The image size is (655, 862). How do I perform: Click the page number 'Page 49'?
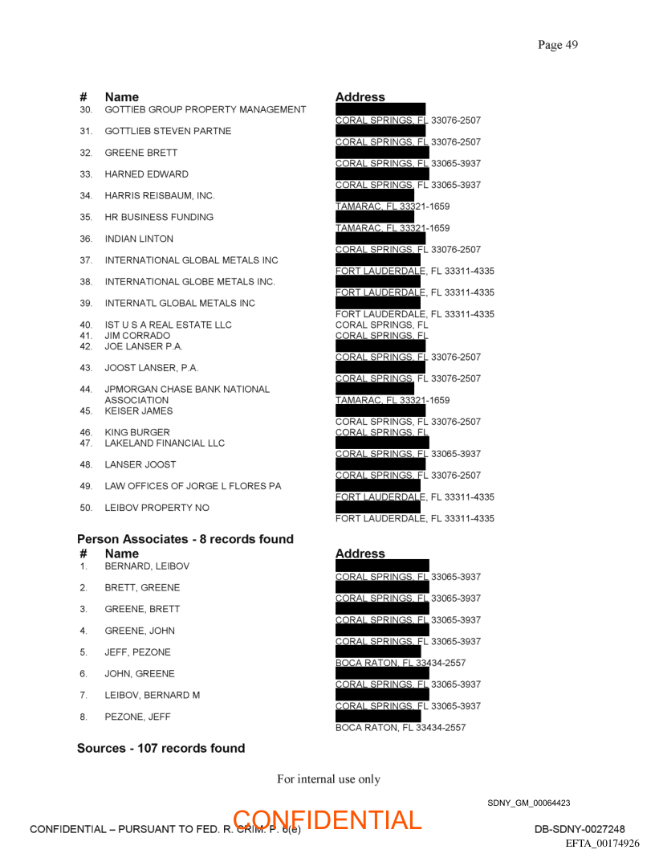(x=557, y=45)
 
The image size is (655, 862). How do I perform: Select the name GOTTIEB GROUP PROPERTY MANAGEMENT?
(x=205, y=109)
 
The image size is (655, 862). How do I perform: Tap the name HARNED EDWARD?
(x=146, y=174)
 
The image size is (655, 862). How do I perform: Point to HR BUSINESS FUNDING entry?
(x=159, y=217)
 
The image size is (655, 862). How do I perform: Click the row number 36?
(x=86, y=239)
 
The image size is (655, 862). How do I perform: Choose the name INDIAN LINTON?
(x=139, y=239)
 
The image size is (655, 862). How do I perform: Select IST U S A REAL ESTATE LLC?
(x=168, y=325)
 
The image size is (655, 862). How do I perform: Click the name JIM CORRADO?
(x=137, y=336)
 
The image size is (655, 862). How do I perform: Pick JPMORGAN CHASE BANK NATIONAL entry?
(x=187, y=389)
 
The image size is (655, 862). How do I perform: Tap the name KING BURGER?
(x=137, y=432)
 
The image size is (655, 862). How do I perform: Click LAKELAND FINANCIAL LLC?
(x=165, y=443)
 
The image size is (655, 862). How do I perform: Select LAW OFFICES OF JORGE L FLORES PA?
(x=193, y=486)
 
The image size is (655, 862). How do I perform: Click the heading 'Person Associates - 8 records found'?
(x=185, y=539)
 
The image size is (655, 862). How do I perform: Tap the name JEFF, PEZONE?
(x=137, y=652)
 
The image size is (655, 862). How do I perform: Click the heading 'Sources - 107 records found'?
(x=161, y=748)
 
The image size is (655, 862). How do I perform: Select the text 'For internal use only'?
(x=328, y=779)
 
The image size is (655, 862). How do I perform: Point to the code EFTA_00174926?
(x=602, y=844)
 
